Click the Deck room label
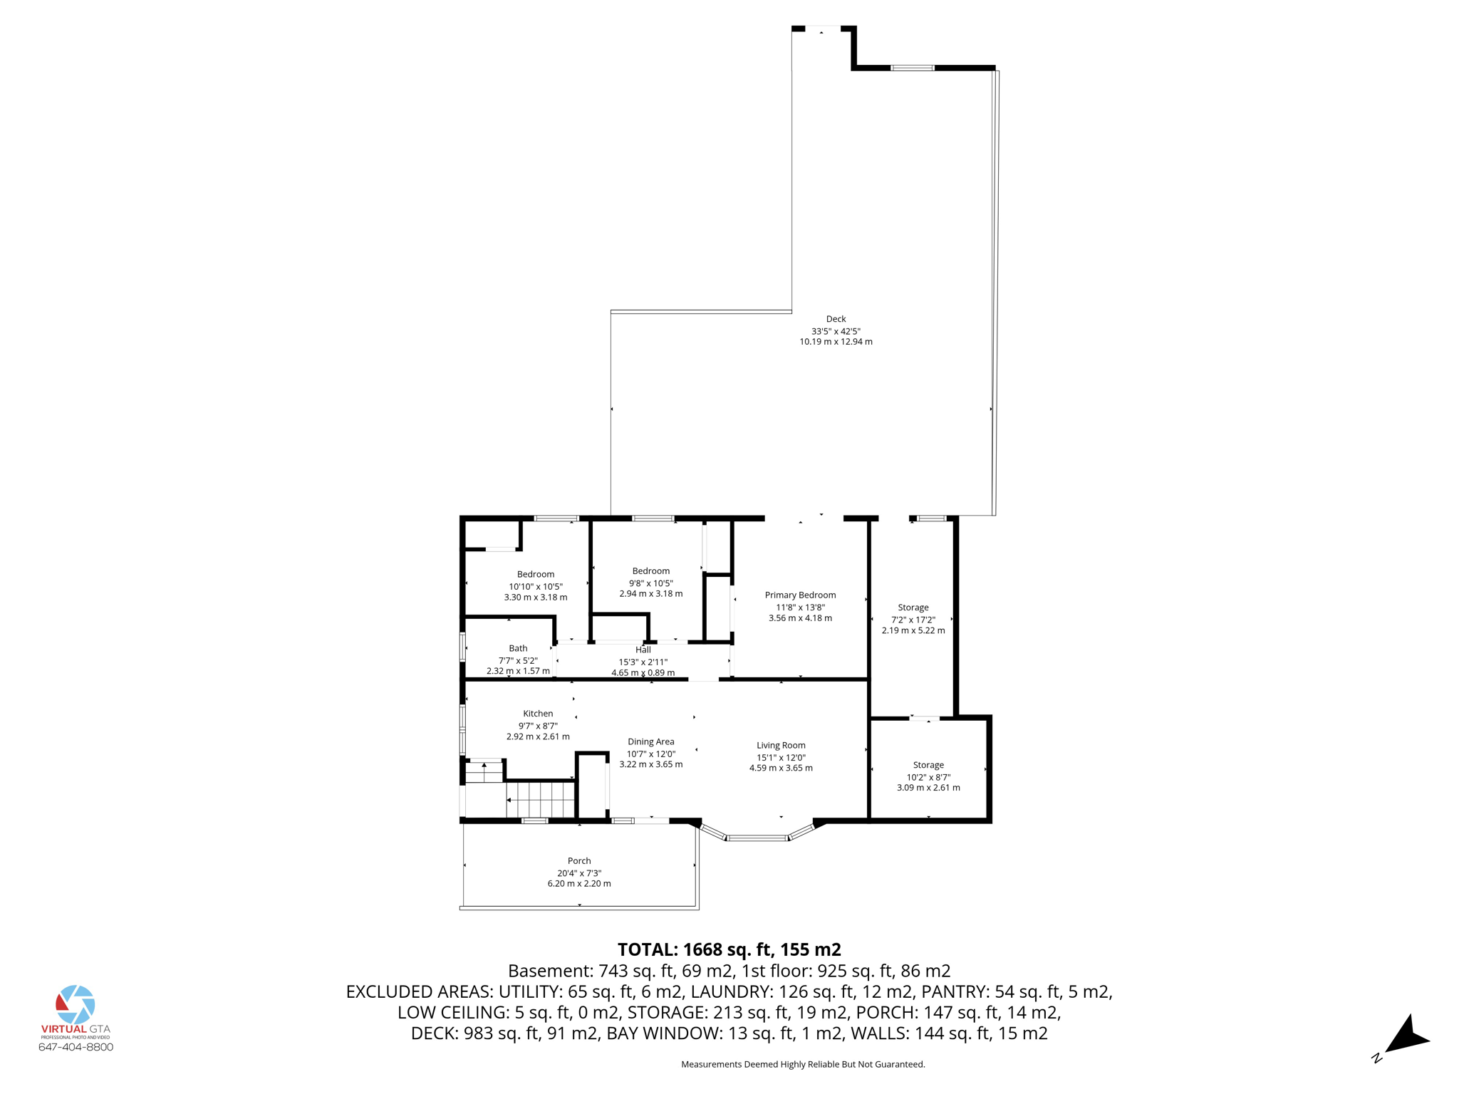tap(836, 319)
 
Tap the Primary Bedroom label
tap(800, 595)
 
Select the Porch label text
tap(579, 860)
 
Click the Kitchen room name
tap(538, 713)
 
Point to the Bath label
tap(518, 648)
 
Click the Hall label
tap(643, 650)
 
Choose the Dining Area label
tap(650, 741)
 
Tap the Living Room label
tap(781, 745)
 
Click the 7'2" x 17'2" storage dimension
tap(913, 620)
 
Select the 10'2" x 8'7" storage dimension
tap(928, 777)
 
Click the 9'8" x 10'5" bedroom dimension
tap(650, 583)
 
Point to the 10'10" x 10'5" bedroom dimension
tap(536, 586)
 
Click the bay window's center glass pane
tap(757, 838)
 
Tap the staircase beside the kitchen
tap(540, 799)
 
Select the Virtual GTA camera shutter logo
tap(76, 1004)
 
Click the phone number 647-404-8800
tap(76, 1047)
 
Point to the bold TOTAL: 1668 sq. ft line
tap(729, 949)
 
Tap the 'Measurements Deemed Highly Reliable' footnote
tap(803, 1064)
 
